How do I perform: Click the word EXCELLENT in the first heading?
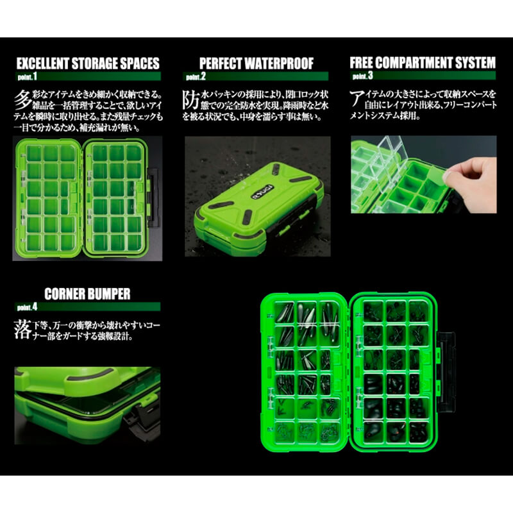click(x=44, y=64)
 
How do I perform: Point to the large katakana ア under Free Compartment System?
click(x=358, y=97)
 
